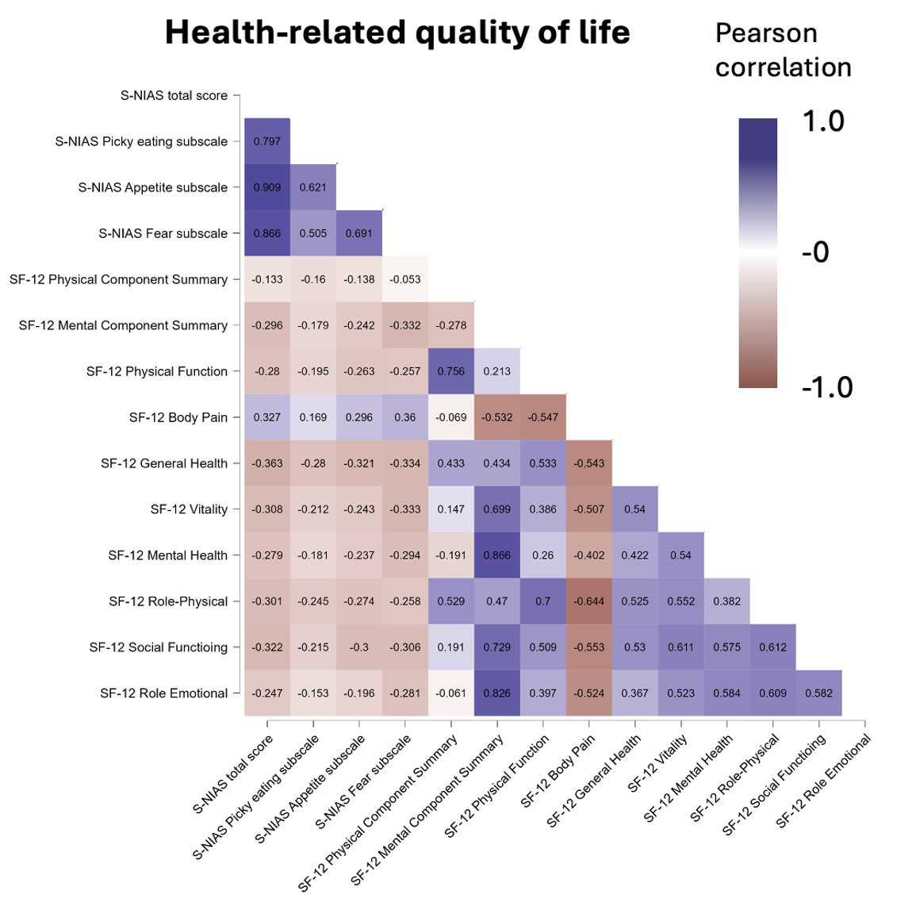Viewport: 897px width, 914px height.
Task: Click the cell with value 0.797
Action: click(x=267, y=141)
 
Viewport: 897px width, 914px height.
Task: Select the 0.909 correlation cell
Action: click(x=267, y=187)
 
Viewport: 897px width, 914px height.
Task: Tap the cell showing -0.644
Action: click(x=589, y=601)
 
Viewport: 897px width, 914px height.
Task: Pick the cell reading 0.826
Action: click(x=497, y=693)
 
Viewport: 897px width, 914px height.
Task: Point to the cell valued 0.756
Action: click(x=451, y=371)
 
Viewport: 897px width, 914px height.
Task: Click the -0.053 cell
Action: click(x=405, y=279)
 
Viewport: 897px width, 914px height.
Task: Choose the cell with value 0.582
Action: click(x=819, y=693)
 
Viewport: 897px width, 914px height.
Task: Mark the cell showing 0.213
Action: click(x=497, y=371)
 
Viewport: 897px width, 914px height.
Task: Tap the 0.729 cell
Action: click(x=497, y=647)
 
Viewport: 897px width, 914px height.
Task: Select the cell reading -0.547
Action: click(x=543, y=417)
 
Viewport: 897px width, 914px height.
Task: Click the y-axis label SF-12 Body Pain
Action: click(x=178, y=417)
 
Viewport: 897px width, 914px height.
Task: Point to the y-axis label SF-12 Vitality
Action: click(x=189, y=509)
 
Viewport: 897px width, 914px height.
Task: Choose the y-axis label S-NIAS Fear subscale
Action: click(x=163, y=233)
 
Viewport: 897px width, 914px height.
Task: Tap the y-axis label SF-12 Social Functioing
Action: click(x=159, y=647)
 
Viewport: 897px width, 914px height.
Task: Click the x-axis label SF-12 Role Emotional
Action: click(x=823, y=781)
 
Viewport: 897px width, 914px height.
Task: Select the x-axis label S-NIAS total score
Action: click(x=232, y=774)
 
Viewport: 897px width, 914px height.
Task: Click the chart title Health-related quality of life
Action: click(x=397, y=32)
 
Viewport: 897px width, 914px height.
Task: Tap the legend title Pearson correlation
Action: click(x=783, y=50)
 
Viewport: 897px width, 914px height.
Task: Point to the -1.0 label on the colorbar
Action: click(x=827, y=387)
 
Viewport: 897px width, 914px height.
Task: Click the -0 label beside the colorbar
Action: click(x=815, y=252)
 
